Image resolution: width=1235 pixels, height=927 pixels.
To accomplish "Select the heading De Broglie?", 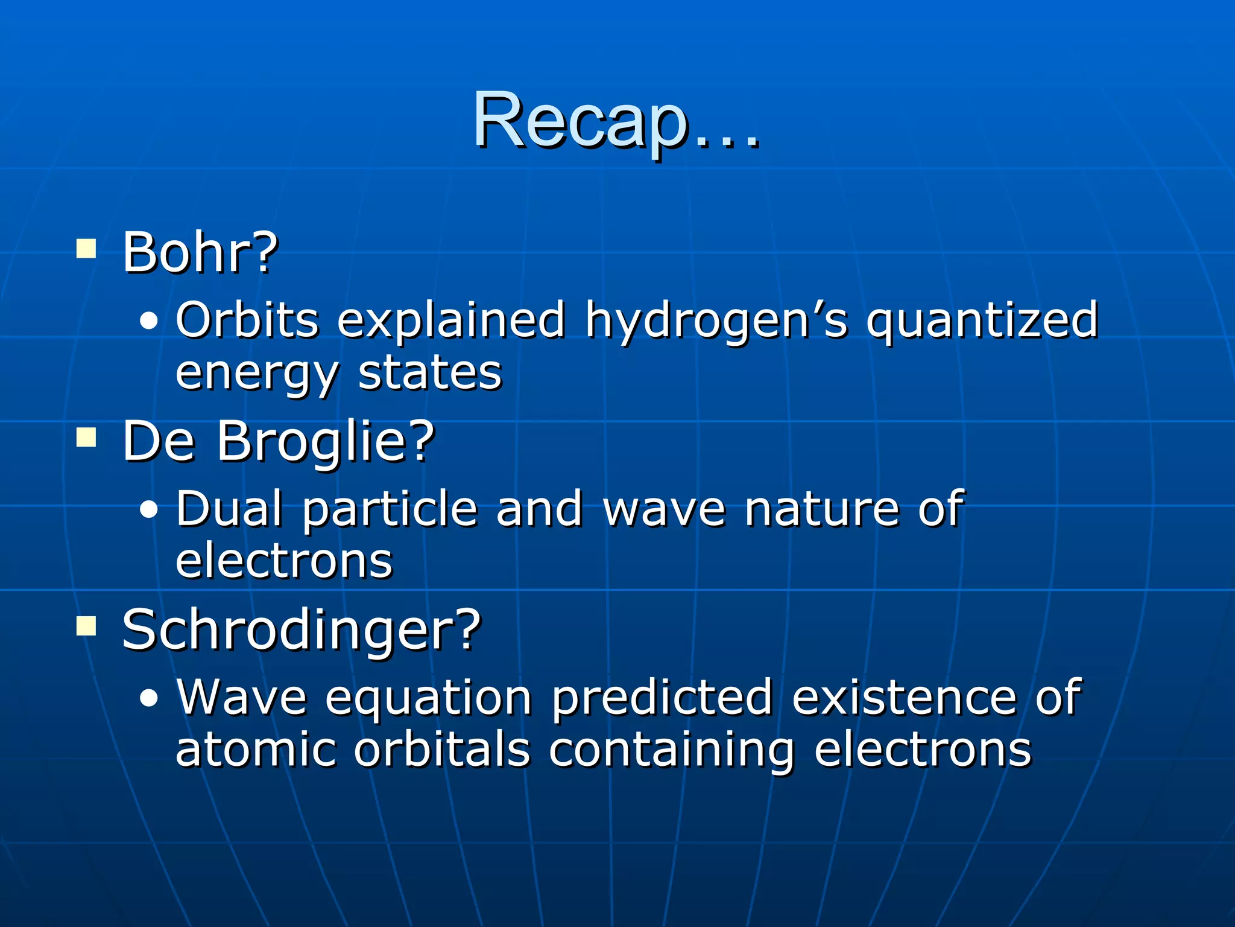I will tap(278, 441).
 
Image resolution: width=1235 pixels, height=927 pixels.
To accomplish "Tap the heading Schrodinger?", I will tap(301, 630).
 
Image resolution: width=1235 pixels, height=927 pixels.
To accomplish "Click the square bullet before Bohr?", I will tap(86, 249).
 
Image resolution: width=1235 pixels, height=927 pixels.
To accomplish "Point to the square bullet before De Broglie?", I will tap(86, 438).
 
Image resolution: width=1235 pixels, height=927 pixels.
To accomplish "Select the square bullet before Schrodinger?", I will tap(86, 626).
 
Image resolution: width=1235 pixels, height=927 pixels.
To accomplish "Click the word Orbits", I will tap(247, 320).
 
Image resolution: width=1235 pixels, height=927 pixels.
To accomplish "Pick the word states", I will tap(429, 373).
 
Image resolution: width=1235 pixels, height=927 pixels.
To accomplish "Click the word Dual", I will tap(229, 509).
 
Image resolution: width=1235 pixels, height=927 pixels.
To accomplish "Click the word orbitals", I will tap(441, 750).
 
